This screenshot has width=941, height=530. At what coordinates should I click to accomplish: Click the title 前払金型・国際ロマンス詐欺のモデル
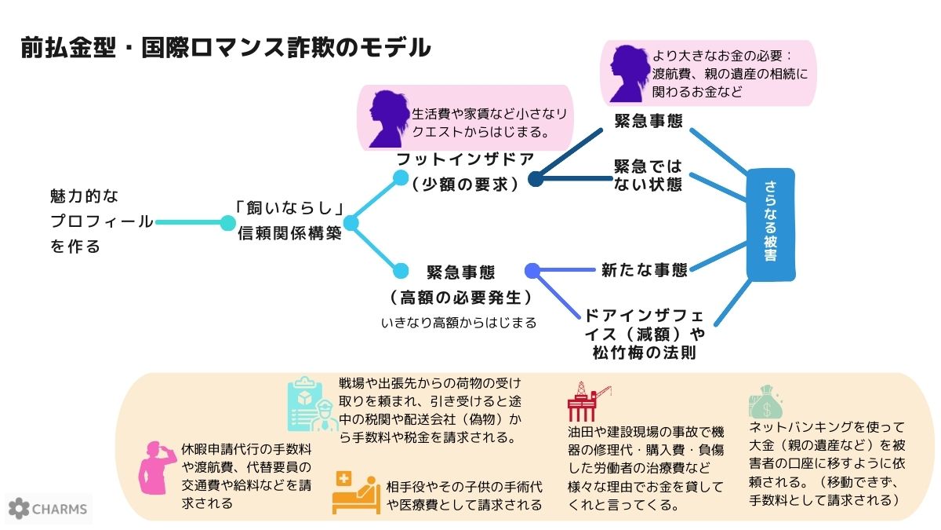(x=226, y=48)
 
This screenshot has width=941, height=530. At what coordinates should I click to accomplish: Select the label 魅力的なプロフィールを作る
(x=101, y=221)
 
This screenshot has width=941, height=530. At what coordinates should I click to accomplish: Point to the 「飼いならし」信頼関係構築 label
(x=289, y=222)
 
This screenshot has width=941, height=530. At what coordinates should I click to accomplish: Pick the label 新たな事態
(x=644, y=269)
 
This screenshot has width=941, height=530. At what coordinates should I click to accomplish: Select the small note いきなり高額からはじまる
(x=458, y=323)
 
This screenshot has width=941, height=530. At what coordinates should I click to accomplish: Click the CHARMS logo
(x=49, y=509)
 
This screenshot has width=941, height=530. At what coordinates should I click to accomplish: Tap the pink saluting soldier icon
(x=154, y=475)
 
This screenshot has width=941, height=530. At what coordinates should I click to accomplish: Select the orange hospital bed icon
(x=355, y=492)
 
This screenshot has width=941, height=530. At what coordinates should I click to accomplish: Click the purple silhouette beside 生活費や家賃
(x=388, y=119)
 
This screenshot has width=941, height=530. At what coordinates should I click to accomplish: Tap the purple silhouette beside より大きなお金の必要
(x=630, y=72)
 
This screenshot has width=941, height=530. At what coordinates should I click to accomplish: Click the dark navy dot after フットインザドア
(x=536, y=180)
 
